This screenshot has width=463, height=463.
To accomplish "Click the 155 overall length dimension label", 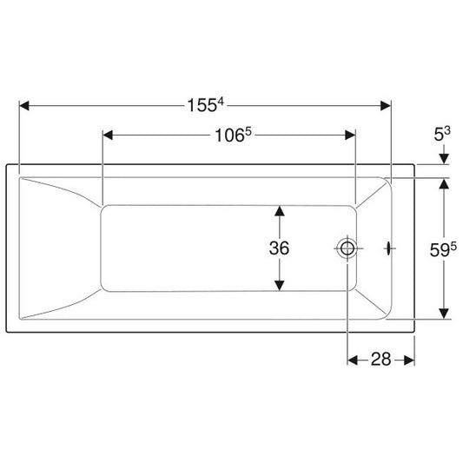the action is coord(206,105).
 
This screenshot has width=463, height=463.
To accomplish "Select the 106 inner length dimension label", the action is coord(233,136).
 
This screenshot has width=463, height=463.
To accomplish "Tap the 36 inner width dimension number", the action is coord(279,248).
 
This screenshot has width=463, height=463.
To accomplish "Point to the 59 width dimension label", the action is coord(443,250).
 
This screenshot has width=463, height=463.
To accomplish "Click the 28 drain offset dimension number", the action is coord(381,360).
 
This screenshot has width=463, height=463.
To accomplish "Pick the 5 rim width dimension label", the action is coord(442,134).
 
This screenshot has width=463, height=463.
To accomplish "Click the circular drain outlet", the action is coord(347,248).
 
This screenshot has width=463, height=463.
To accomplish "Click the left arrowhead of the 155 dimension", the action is coord(24,106).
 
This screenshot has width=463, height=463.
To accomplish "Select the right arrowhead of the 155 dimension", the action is coord(386,106).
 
